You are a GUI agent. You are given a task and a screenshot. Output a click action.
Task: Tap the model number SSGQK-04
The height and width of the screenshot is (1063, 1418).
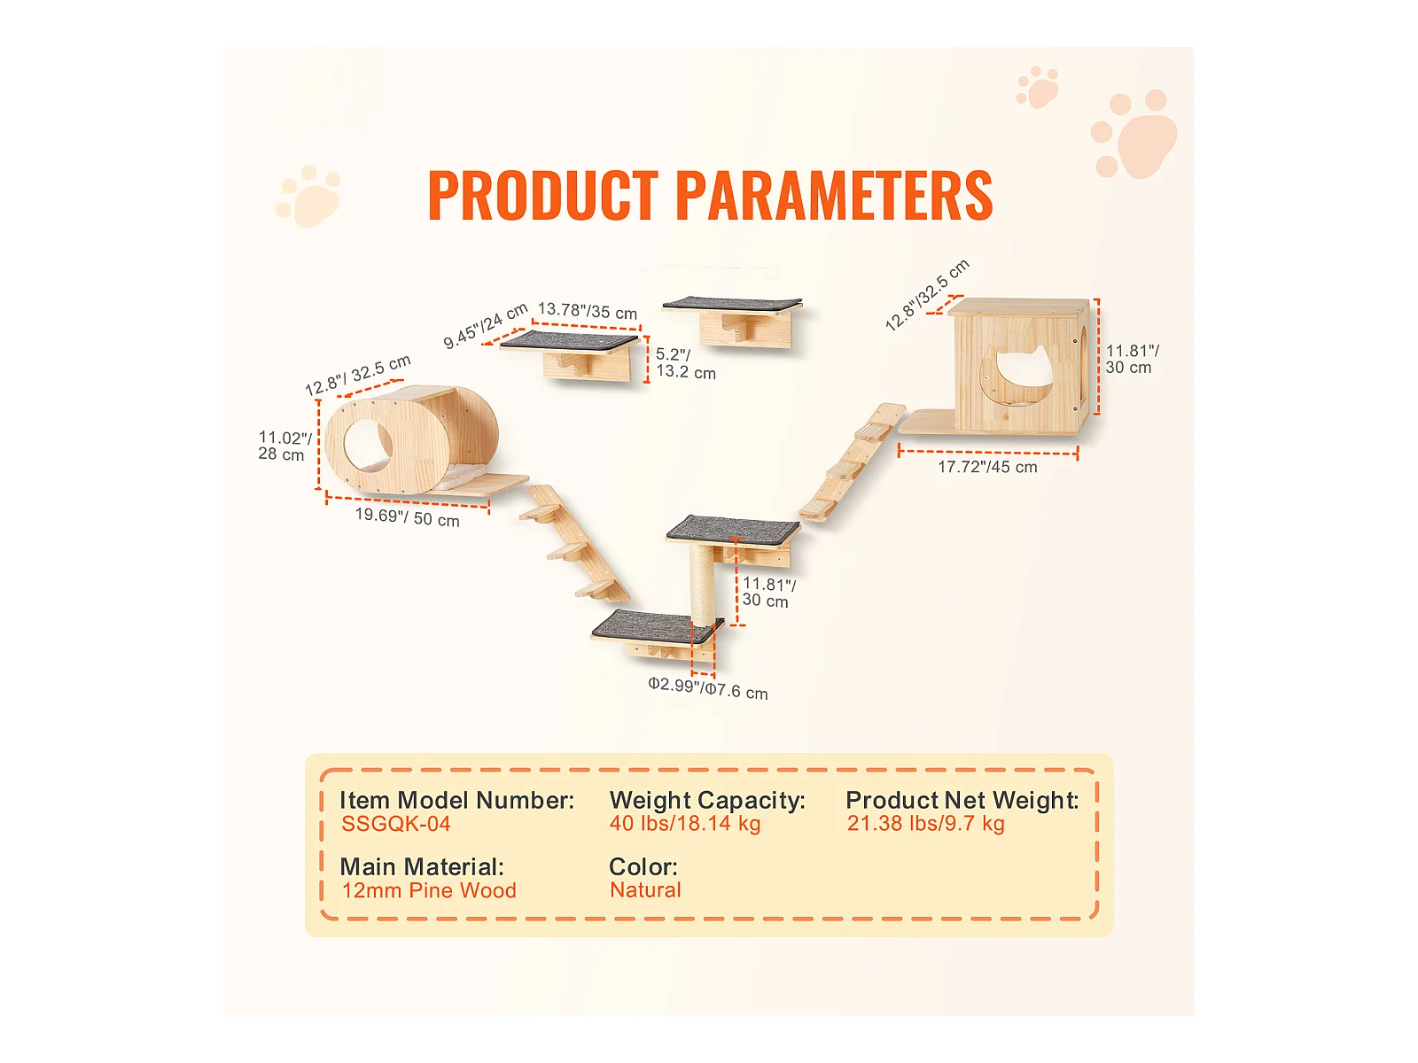[x=396, y=824]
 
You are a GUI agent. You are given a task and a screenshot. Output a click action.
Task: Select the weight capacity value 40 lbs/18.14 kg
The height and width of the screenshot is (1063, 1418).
[x=684, y=824]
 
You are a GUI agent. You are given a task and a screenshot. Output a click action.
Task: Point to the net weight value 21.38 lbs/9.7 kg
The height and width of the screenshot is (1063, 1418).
[x=925, y=824]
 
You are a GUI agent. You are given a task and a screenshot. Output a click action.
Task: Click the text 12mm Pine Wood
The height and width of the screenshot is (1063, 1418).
[x=429, y=890]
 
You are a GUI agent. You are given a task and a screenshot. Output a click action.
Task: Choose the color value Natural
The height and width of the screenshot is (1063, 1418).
[x=645, y=890]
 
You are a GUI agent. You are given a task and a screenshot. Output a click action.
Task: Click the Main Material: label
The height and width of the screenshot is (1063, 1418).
[x=422, y=866]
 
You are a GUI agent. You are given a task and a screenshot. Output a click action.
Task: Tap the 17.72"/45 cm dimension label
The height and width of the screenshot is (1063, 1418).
[x=987, y=467]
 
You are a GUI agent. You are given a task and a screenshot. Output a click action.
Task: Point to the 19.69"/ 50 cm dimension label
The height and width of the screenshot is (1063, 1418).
[x=407, y=516]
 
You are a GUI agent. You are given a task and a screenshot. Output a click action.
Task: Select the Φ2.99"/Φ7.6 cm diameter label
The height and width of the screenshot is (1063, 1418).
[x=707, y=688]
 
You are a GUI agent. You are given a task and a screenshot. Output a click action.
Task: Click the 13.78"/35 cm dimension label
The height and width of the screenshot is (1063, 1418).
[x=588, y=311]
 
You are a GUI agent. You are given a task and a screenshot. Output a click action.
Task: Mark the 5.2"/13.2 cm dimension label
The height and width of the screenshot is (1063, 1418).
[x=684, y=363]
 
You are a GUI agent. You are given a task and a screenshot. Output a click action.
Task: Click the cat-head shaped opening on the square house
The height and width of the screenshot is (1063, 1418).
[x=1020, y=376]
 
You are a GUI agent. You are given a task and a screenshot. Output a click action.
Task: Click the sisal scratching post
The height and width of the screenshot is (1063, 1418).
[x=702, y=585]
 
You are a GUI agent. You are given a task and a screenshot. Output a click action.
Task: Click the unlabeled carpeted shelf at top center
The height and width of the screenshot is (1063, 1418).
[x=732, y=304]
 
